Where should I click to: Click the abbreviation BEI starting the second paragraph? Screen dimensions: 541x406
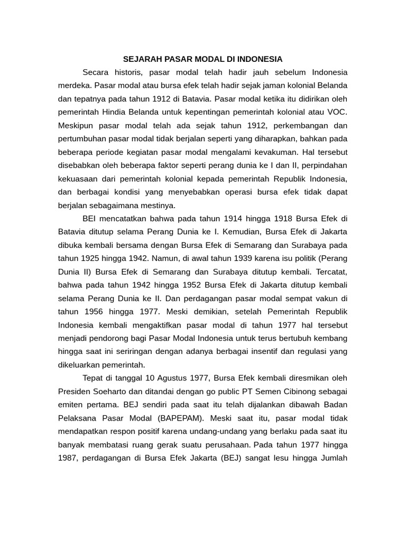[x=91, y=218]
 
